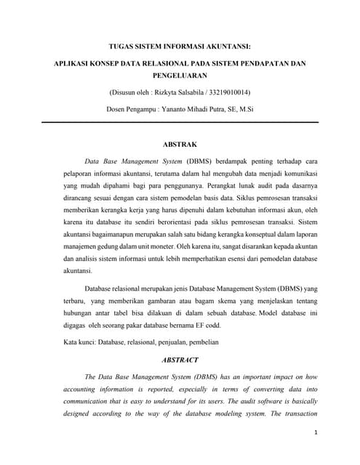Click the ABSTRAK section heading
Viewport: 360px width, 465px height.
pos(180,145)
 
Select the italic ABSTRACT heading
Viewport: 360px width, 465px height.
pos(180,359)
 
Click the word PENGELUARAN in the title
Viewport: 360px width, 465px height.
pos(180,76)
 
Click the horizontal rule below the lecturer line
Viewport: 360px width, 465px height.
pos(180,122)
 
